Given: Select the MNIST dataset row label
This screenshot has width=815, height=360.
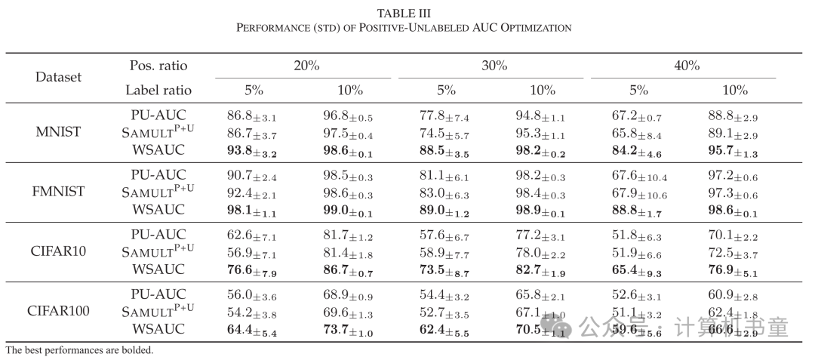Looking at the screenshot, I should pos(58,132).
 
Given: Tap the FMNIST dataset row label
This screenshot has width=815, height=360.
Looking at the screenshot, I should pos(58,191).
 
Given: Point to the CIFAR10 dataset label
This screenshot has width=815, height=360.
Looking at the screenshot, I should pos(58,251).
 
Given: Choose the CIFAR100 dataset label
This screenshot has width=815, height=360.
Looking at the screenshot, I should pos(58,310).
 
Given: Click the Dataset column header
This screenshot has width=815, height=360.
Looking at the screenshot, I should pos(58,77).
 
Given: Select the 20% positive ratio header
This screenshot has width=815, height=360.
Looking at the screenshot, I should pos(306,66).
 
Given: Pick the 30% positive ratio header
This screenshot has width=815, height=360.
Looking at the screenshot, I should pos(494,66).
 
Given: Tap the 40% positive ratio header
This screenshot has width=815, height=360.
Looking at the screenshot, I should pos(686,66).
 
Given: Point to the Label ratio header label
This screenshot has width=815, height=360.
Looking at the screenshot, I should pos(158,90).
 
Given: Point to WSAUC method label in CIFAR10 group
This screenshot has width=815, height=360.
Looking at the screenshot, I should pos(158,269).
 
